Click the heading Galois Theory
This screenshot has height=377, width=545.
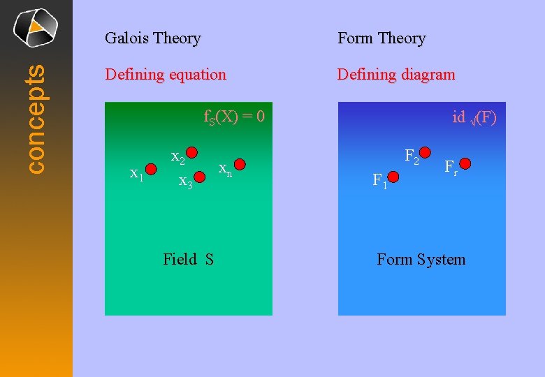coord(152,38)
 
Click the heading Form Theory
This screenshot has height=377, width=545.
coord(381,38)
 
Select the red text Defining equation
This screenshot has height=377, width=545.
coord(166,74)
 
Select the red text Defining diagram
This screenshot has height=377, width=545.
coord(396,74)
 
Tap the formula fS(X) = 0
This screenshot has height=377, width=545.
coord(234,117)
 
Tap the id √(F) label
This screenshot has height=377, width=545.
coord(474,117)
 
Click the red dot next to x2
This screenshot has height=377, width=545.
coord(191,152)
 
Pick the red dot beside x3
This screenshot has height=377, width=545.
coord(198,178)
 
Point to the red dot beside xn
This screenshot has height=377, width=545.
coord(240,165)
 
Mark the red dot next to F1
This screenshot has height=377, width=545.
coord(393,178)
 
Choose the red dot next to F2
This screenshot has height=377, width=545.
coord(426,152)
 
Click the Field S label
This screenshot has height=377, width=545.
coord(188,260)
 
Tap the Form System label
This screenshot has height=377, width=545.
coord(421,260)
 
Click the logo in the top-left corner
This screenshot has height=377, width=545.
coord(36,27)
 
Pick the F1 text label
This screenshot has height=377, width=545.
coord(380,182)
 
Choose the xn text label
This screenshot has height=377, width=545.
coord(225,169)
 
